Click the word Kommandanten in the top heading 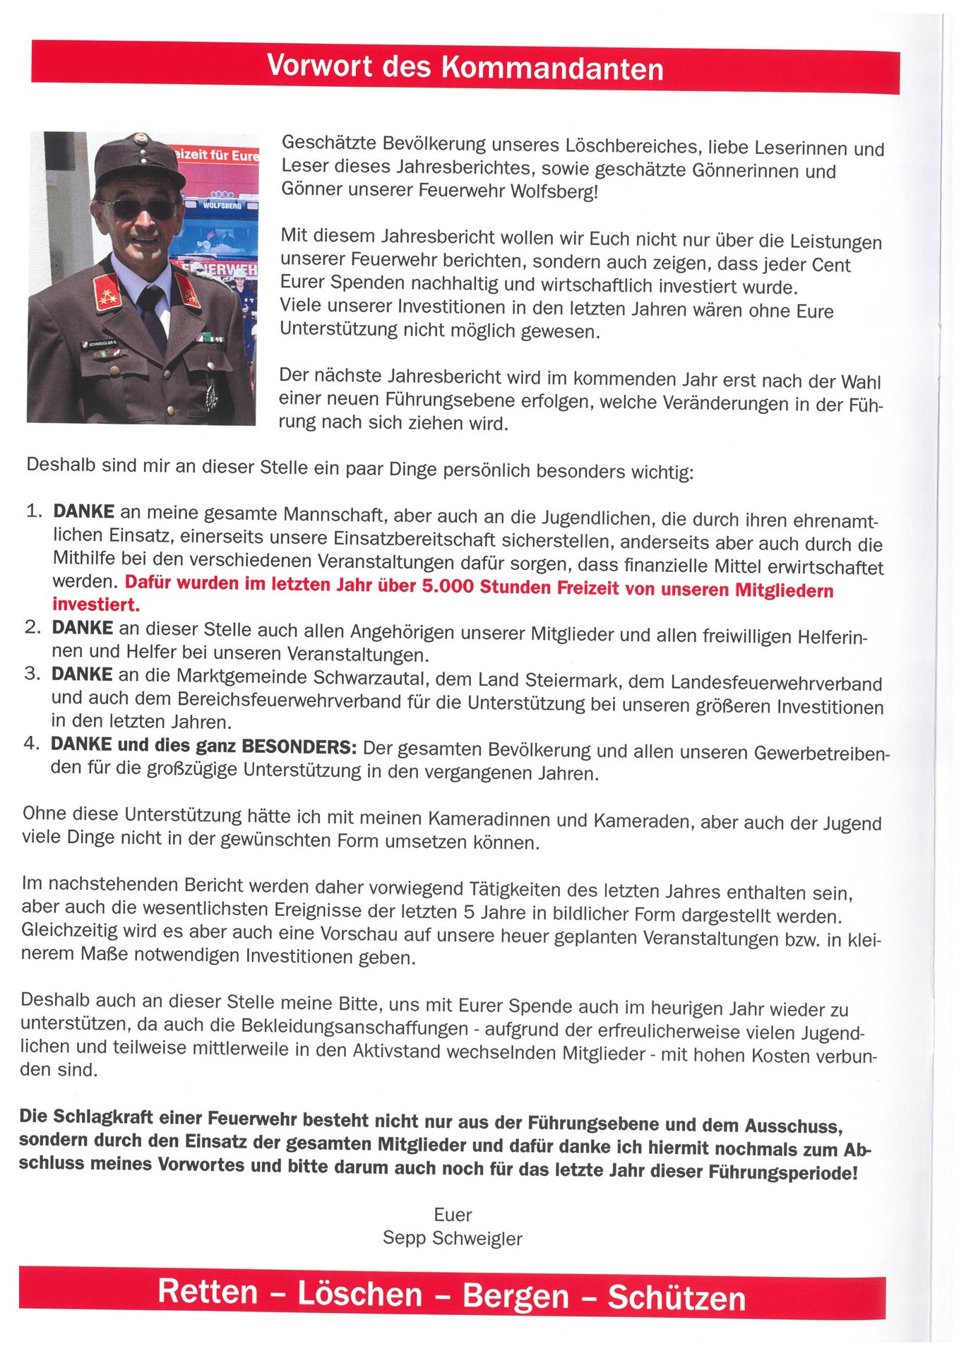click(552, 68)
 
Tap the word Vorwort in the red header click(319, 66)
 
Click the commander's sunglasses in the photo click(139, 208)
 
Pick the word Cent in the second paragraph click(831, 265)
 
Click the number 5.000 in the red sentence click(448, 587)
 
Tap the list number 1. click(34, 511)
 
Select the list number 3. click(32, 673)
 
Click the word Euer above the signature click(453, 1215)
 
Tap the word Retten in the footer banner click(208, 1292)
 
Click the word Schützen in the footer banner click(676, 1297)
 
